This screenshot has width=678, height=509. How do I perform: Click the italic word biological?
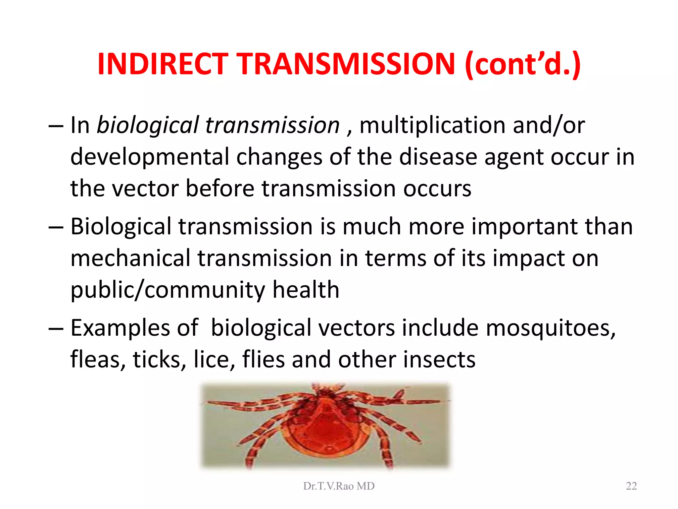point(148,125)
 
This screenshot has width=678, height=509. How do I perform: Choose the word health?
point(306,289)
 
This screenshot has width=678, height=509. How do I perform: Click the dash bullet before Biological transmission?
point(55,228)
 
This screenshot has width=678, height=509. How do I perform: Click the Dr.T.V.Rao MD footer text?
point(339,486)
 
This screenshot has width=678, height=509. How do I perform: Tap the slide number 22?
point(631,486)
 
